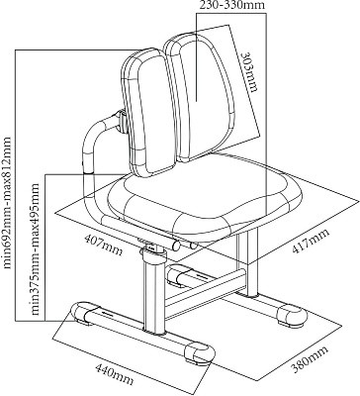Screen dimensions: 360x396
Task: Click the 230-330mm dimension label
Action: click(x=233, y=5)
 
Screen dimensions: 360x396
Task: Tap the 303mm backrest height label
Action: click(x=248, y=72)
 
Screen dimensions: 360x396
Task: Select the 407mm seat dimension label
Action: click(x=103, y=245)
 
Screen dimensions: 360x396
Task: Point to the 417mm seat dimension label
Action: click(x=311, y=242)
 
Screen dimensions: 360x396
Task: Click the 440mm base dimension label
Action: click(x=114, y=374)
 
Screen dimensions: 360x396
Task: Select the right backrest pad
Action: click(x=200, y=97)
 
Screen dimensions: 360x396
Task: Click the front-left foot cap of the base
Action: click(x=81, y=313)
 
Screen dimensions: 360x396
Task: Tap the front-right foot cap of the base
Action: click(x=199, y=354)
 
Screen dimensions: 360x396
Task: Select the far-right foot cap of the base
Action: click(x=292, y=315)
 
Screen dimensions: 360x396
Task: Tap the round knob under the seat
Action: click(x=176, y=245)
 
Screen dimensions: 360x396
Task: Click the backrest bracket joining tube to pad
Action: click(x=122, y=122)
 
